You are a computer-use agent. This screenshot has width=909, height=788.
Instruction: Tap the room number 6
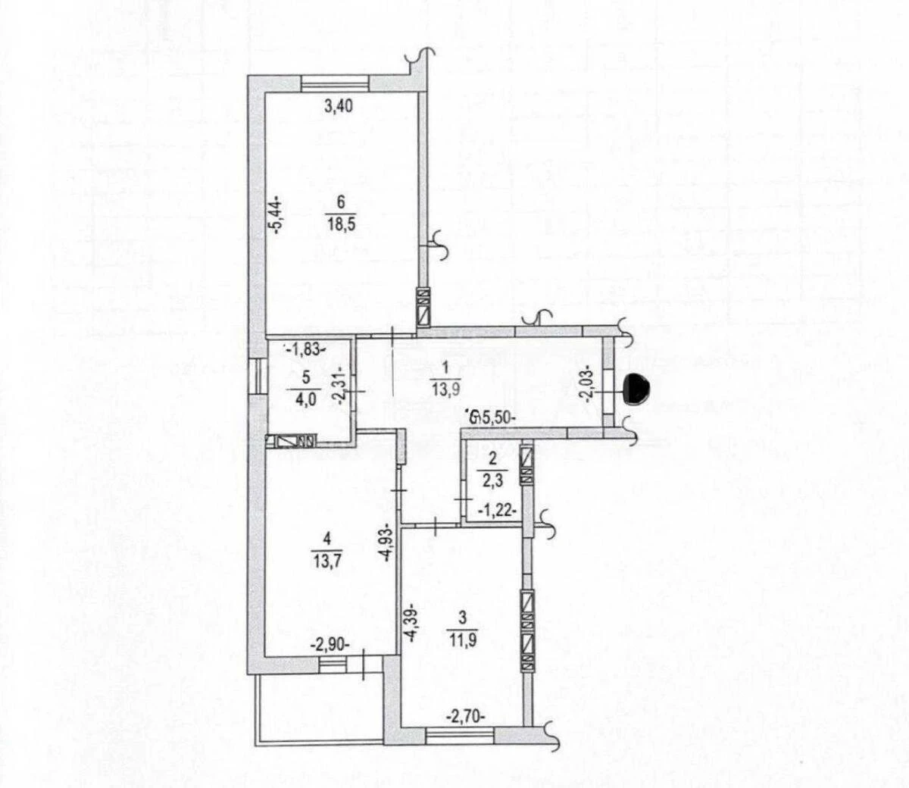click(342, 202)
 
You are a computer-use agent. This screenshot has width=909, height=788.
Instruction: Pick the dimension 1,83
click(306, 349)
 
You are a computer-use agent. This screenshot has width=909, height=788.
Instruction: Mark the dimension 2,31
click(343, 388)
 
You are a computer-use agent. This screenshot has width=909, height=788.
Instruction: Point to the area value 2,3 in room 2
click(491, 478)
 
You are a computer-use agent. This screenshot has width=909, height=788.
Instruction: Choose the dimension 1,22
click(498, 511)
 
